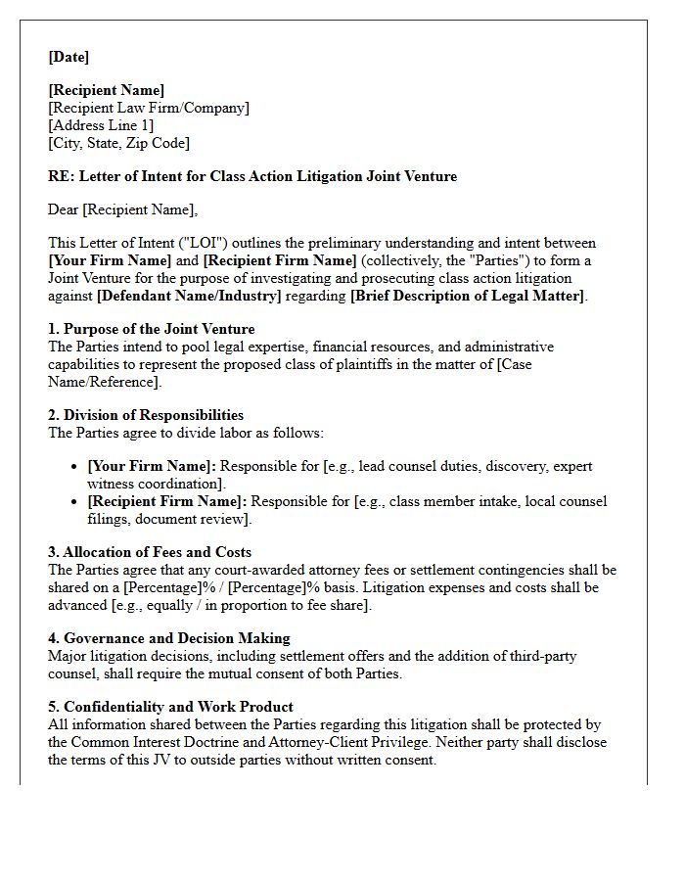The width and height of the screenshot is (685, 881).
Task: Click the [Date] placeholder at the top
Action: point(68,57)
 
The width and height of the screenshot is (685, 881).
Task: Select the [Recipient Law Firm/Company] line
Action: point(149,108)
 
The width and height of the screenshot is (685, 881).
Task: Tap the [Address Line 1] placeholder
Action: point(101,125)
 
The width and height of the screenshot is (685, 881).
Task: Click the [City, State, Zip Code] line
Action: point(118,143)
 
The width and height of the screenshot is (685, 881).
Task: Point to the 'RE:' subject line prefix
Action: point(61,176)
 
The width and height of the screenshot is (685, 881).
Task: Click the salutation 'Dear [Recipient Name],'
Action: point(122,209)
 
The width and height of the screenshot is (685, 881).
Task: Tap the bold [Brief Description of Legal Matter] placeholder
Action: point(468,296)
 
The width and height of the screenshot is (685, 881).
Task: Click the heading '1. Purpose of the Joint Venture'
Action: point(151,329)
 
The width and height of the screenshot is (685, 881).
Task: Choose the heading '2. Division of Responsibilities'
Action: point(146,415)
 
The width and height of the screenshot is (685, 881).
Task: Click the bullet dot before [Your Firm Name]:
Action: point(74,467)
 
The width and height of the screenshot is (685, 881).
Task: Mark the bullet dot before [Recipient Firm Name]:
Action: point(74,502)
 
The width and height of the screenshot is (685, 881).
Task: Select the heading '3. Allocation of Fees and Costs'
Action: point(150,552)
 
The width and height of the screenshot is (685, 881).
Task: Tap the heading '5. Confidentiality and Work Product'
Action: point(170,707)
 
